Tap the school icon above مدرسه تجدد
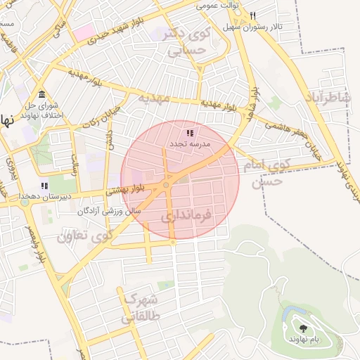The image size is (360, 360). [188, 133]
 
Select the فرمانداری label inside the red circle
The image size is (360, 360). [186, 216]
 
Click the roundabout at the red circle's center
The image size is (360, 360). [167, 185]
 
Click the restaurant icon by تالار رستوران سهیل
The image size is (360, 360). [252, 15]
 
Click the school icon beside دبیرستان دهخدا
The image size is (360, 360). [45, 186]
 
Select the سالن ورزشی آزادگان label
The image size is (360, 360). [112, 210]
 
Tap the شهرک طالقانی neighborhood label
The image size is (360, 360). [142, 307]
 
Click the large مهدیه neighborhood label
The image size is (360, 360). [153, 97]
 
